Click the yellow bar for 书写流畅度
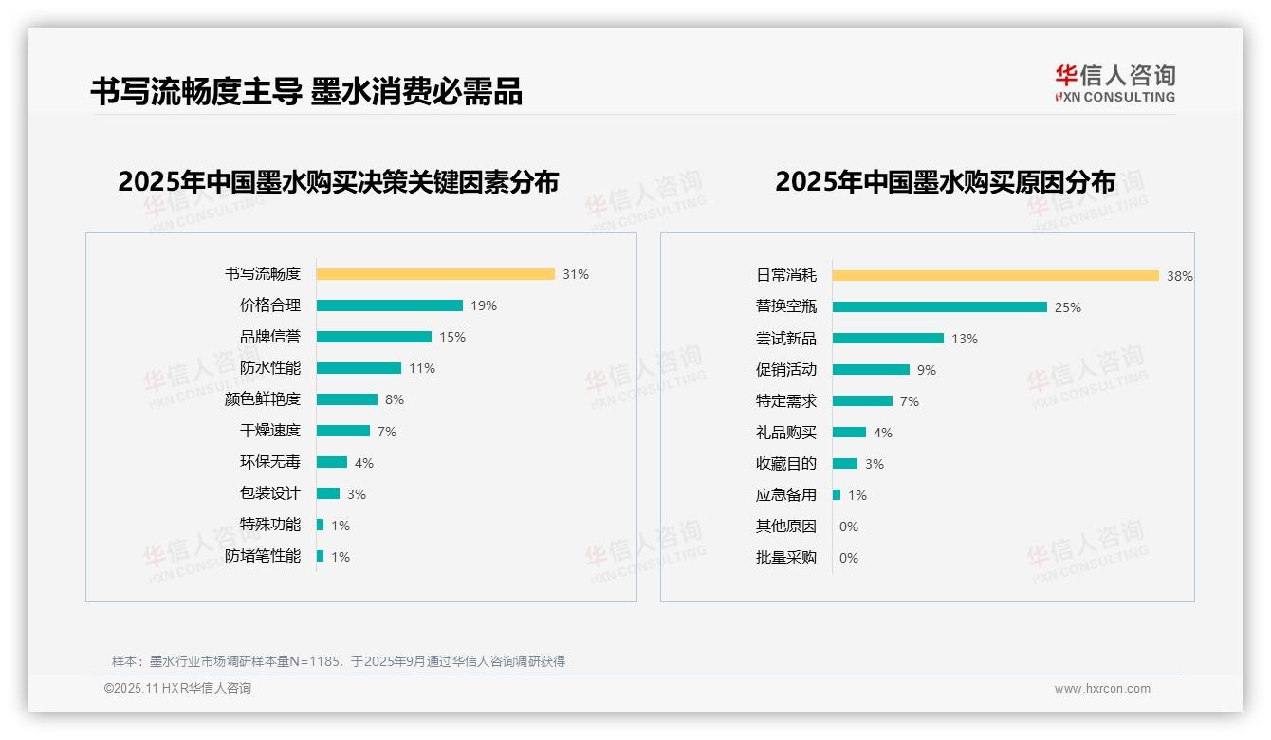pos(435,274)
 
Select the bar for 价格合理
pos(390,305)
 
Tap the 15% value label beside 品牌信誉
pos(452,337)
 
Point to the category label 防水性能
pos(269,368)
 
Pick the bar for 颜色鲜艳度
pos(347,399)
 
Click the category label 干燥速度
pos(269,431)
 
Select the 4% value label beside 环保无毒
pos(364,463)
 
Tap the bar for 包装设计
pos(328,493)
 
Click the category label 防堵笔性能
pos(263,556)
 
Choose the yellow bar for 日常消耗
pos(996,276)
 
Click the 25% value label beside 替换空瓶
pos(1068,307)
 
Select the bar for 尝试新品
pos(889,339)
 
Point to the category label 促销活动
pos(785,370)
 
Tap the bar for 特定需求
pos(863,401)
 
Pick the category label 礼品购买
pos(785,433)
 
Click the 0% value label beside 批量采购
pos(849,558)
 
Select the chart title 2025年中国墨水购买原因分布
pos(945,182)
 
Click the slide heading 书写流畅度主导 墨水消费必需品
pos(306,91)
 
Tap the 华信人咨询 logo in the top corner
pos(1114,83)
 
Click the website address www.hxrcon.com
pos(1102,689)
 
